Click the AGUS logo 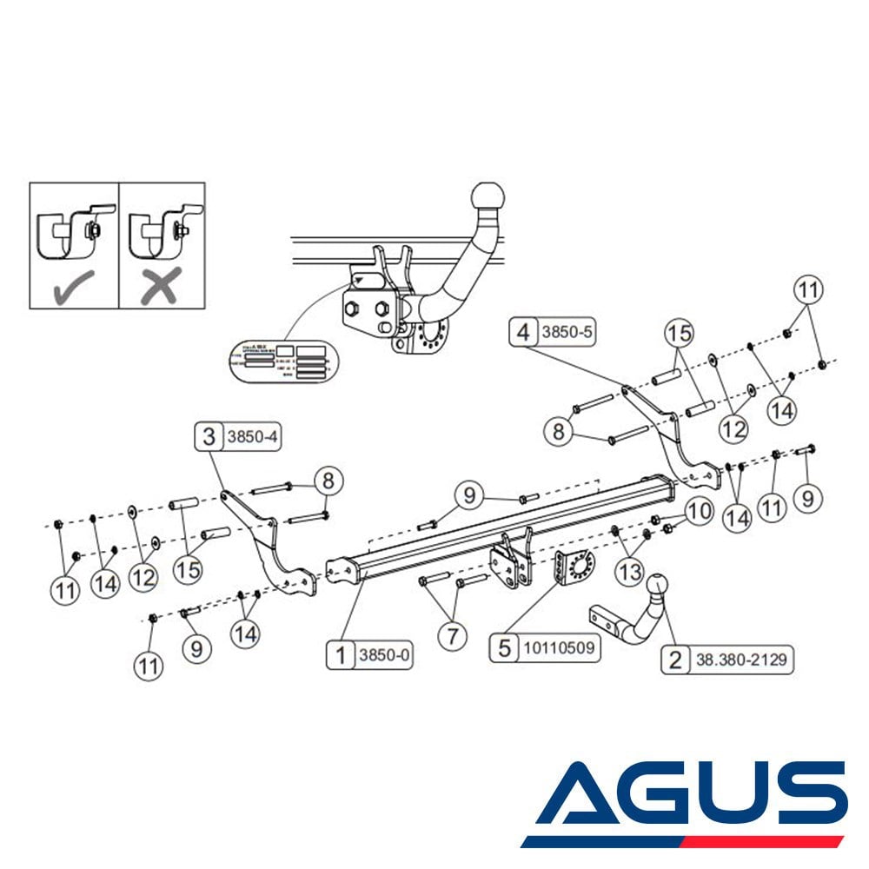[x=687, y=804]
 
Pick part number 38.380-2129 [x=741, y=660]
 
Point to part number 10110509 [x=558, y=647]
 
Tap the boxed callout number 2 [x=674, y=660]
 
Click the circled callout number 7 [x=452, y=637]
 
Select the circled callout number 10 [x=700, y=513]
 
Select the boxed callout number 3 [x=209, y=436]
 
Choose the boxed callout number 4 [x=522, y=331]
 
